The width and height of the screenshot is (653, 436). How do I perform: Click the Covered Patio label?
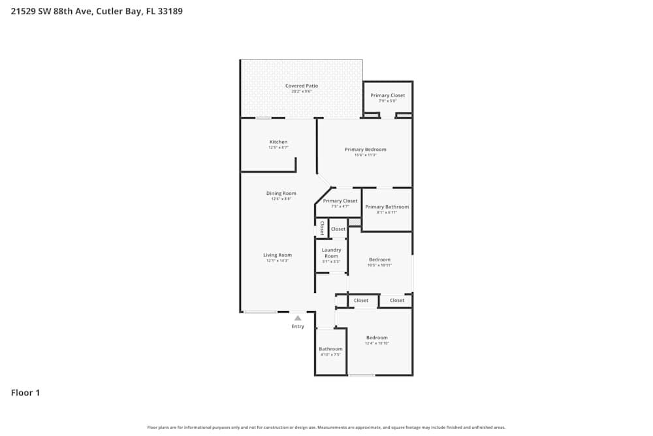coord(301,86)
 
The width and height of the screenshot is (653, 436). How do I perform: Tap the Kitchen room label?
coord(278,142)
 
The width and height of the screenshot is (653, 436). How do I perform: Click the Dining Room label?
coord(281,193)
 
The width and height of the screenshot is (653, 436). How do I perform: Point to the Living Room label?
coord(278,255)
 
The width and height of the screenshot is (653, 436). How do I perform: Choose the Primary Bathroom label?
coord(387,207)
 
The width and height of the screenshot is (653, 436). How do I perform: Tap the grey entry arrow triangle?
coord(298,318)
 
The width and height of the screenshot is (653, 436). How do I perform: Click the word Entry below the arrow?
coord(298,327)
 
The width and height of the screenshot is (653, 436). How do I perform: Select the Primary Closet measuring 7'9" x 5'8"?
coord(388,95)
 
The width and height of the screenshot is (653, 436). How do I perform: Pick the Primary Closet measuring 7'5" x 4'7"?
coord(340,201)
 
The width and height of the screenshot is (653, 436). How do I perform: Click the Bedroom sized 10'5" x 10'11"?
coord(379,260)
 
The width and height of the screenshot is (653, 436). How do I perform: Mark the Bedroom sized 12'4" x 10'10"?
coord(377,338)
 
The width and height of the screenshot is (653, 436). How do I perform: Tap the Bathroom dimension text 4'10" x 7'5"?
coord(330,355)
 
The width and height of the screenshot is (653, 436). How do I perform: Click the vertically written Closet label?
coord(322,228)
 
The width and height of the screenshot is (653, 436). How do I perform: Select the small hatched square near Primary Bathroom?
coord(355,223)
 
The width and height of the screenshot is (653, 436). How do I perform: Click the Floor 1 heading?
coord(25,393)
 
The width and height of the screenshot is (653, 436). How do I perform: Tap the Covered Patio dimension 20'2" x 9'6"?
coord(301,92)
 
